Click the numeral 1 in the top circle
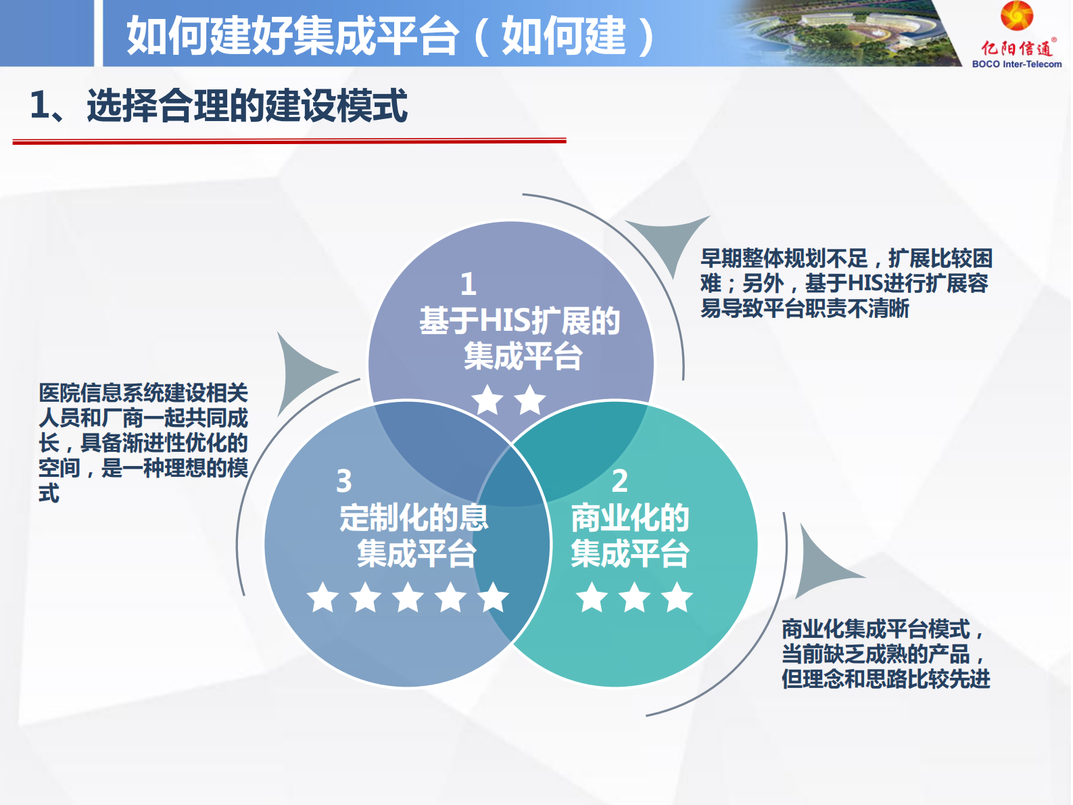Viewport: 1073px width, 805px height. [x=469, y=284]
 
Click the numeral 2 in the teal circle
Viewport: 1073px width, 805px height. [x=619, y=481]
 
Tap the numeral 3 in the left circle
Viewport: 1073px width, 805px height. [x=344, y=481]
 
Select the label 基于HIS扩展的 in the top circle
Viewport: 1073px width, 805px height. [x=519, y=321]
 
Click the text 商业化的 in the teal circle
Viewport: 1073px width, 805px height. [x=629, y=518]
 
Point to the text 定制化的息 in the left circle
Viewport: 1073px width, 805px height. [x=414, y=518]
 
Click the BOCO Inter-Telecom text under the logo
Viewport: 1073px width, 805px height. [x=1016, y=64]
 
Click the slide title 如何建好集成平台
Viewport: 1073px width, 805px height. [x=293, y=35]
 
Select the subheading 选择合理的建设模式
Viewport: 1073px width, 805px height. [x=247, y=106]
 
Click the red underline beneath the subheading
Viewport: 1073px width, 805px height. [x=289, y=141]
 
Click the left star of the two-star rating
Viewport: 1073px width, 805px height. [x=487, y=400]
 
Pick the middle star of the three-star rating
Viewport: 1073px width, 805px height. [x=635, y=597]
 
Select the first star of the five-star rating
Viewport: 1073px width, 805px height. [x=323, y=597]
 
